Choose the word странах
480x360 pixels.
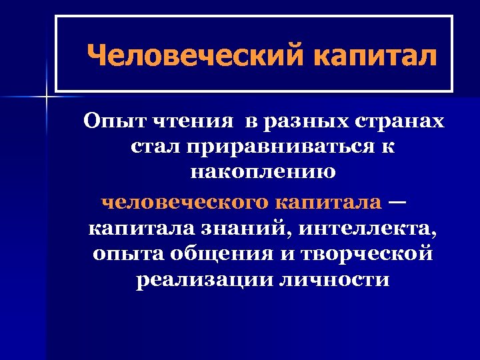pos(397,122)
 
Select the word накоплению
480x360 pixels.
pos(263,172)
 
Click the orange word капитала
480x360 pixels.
pos(330,201)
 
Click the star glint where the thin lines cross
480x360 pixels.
pos(46,97)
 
